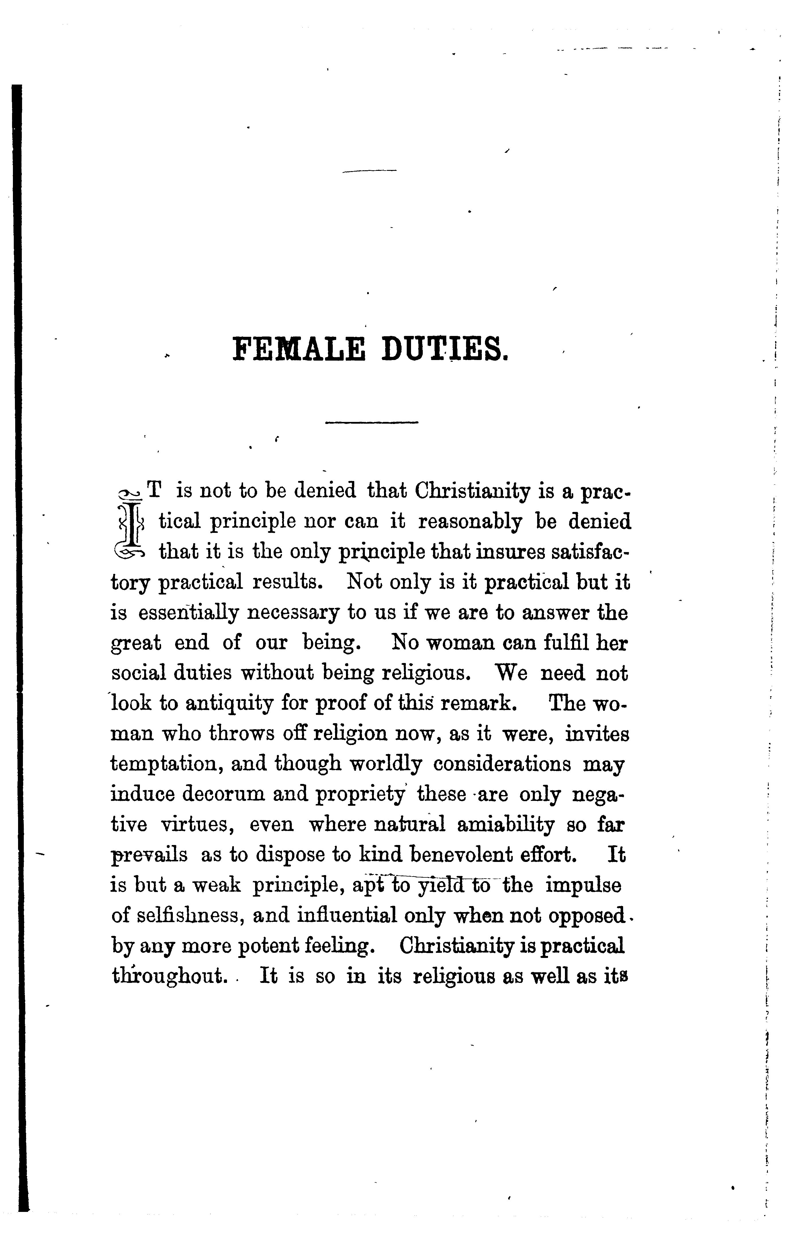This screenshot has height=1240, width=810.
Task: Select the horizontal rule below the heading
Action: tap(371, 422)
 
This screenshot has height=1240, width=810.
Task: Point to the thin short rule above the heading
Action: tap(369, 170)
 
